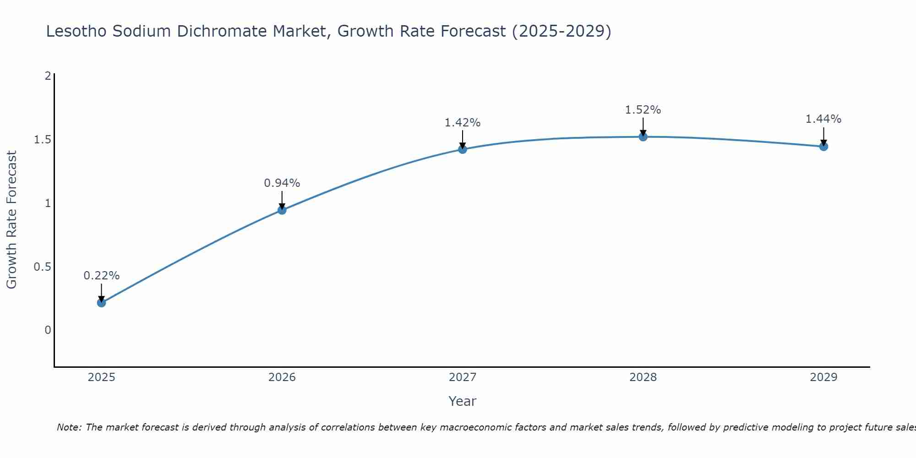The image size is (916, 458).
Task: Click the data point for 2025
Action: click(102, 303)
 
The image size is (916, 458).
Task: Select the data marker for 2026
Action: click(282, 210)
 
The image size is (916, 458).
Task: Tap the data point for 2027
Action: click(463, 149)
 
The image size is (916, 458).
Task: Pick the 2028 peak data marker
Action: click(643, 136)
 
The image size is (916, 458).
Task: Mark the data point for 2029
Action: click(823, 147)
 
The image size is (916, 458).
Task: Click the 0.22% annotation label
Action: click(102, 276)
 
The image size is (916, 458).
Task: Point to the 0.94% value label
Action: click(282, 183)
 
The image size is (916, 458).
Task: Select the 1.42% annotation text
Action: click(463, 123)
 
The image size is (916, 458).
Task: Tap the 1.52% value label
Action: click(643, 110)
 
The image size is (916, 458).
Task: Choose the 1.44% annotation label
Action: click(823, 119)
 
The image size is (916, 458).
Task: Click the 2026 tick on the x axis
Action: click(282, 377)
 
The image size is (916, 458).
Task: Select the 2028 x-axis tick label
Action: click(643, 377)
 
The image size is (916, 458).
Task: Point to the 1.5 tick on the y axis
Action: click(42, 140)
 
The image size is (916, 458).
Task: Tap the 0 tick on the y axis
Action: click(48, 330)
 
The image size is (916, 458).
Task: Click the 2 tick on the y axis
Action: click(48, 76)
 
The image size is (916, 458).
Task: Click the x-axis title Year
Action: click(463, 401)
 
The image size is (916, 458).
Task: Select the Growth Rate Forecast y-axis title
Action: click(11, 220)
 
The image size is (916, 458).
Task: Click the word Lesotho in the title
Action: click(76, 31)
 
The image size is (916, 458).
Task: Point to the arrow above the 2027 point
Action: click(463, 139)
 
